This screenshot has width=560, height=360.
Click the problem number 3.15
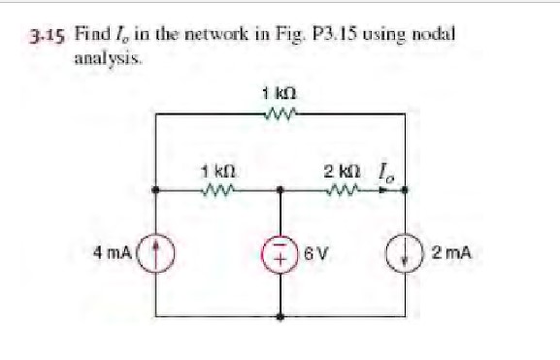(x=43, y=37)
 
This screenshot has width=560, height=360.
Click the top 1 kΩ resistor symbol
(x=280, y=114)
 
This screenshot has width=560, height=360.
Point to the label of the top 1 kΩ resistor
(x=280, y=94)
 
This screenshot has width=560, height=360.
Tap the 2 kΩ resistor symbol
(x=344, y=190)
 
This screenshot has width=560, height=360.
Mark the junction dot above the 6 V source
(x=280, y=191)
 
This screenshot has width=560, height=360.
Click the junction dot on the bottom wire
(x=280, y=315)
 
